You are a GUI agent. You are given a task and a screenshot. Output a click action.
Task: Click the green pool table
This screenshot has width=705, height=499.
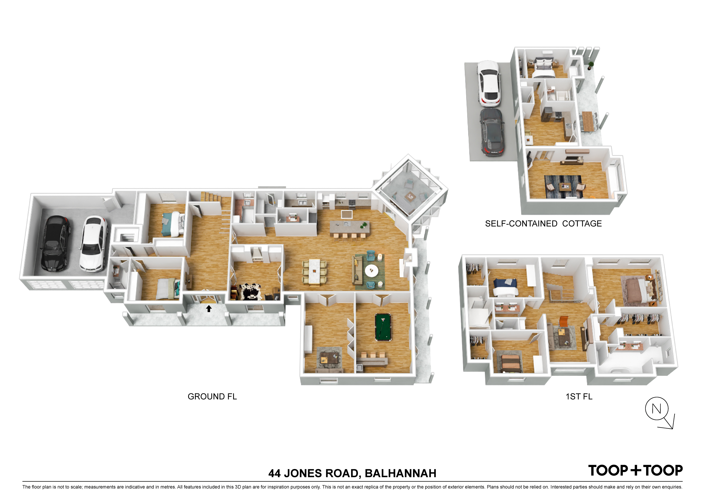pyautogui.click(x=383, y=327)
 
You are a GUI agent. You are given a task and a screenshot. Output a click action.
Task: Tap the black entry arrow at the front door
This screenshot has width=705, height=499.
pyautogui.click(x=209, y=308)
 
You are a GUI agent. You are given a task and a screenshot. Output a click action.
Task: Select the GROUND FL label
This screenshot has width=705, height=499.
pyautogui.click(x=212, y=397)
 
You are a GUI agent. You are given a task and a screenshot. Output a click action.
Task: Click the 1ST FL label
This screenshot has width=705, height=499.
pyautogui.click(x=579, y=397)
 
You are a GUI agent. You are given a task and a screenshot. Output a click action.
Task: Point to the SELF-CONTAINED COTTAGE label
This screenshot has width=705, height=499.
pyautogui.click(x=543, y=224)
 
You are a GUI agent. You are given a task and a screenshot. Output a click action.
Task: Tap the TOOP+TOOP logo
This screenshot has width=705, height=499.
pyautogui.click(x=635, y=470)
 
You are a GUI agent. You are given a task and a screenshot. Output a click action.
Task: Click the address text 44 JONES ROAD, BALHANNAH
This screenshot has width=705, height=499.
pyautogui.click(x=352, y=473)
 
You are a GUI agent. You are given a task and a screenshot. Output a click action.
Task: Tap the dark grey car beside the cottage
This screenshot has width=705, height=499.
pyautogui.click(x=492, y=132)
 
